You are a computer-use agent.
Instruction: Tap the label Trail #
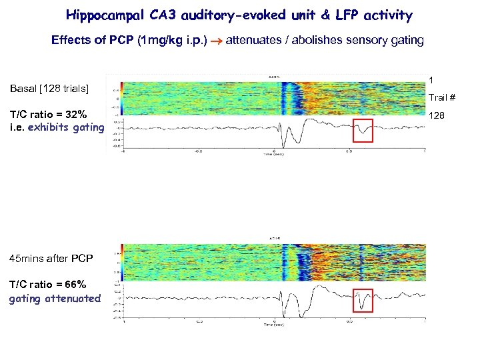442,98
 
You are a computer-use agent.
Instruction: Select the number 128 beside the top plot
437,115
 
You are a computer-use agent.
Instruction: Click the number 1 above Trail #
431,80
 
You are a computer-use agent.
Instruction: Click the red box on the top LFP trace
363,130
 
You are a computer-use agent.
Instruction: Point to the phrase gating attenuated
55,298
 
